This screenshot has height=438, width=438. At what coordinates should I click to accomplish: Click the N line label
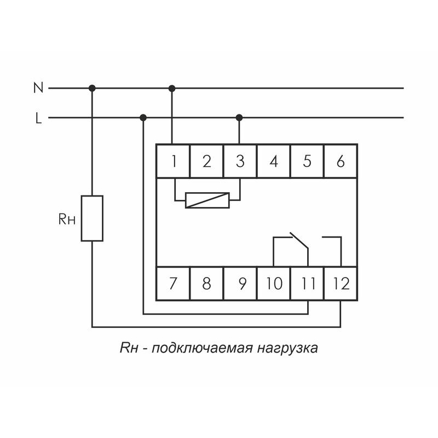[38, 88]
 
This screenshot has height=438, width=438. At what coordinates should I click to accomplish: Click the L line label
[38, 118]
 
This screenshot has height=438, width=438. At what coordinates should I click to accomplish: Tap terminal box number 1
[174, 162]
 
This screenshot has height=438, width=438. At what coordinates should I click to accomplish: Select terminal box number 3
[240, 162]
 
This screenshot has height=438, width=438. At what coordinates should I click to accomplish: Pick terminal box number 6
[340, 162]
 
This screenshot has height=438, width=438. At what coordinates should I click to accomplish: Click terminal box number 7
[174, 284]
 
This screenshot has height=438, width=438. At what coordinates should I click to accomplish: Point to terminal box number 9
[240, 284]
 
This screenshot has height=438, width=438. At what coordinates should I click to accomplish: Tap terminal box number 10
[274, 284]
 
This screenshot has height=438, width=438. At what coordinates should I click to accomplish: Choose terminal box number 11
[307, 284]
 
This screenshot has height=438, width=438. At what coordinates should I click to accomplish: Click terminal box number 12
[341, 284]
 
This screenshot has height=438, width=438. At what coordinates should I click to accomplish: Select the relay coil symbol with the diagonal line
[207, 200]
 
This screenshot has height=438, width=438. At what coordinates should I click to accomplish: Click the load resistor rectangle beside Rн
[92, 218]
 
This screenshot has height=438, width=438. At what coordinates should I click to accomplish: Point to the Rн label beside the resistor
[67, 220]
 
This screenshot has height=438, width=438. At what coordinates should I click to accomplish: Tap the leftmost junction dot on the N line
[92, 88]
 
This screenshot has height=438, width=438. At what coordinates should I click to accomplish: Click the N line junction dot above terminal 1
[172, 88]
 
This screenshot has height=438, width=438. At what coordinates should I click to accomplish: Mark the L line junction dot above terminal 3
[239, 117]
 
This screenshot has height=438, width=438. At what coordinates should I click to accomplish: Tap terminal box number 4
[274, 162]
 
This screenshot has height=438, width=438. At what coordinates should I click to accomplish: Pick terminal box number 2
[206, 162]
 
